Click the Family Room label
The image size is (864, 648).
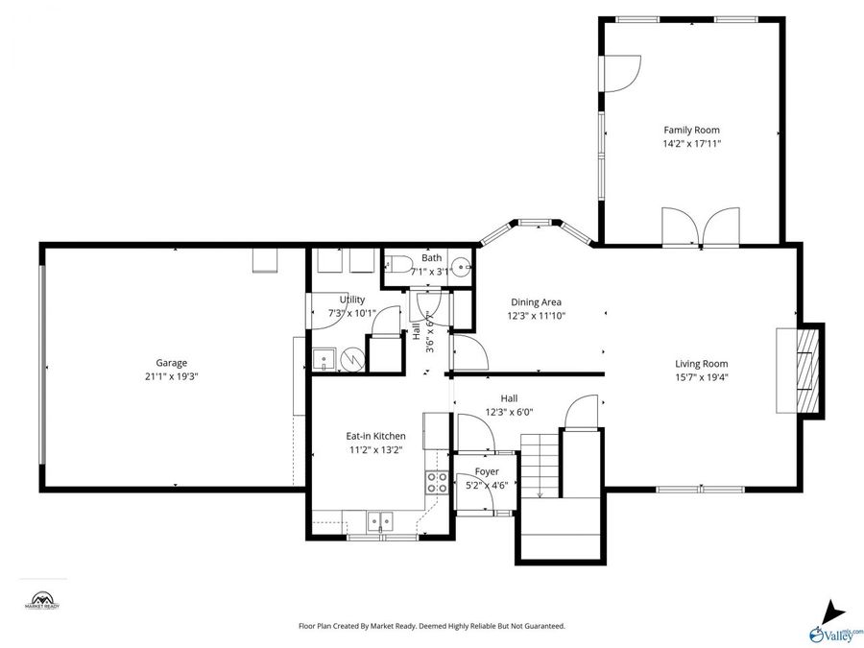pos(691,130)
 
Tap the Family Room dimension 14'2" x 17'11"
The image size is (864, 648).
pos(691,144)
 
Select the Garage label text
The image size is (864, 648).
pos(172,363)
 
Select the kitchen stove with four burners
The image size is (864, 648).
pos(437,482)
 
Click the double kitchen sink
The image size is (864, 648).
pos(380,522)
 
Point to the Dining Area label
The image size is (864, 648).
pos(536,301)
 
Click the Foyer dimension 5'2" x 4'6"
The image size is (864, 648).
pos(487,486)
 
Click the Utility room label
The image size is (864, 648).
pos(352,300)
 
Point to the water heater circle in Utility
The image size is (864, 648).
pos(353,359)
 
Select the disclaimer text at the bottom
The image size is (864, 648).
pos(431,626)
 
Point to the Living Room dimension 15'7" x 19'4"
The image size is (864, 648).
pos(701,377)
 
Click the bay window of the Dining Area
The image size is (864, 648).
pos(537,227)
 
